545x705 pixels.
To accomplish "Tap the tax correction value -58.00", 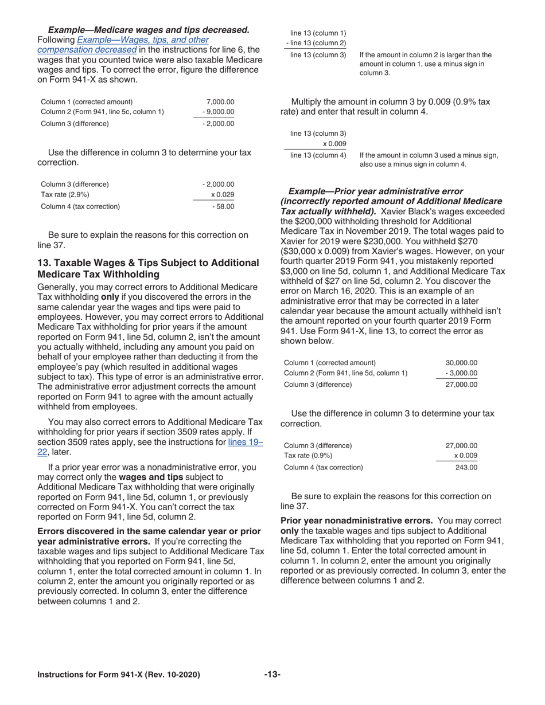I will click(223, 206).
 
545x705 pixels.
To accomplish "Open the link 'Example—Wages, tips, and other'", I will click(142, 40).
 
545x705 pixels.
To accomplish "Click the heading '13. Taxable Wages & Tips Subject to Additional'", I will click(148, 263).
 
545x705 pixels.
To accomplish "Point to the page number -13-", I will click(272, 675).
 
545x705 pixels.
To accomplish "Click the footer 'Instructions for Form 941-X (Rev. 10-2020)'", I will click(119, 675).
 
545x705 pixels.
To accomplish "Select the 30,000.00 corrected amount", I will click(461, 362).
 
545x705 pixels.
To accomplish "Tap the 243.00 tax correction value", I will click(466, 467).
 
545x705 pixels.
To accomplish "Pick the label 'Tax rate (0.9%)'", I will click(309, 456).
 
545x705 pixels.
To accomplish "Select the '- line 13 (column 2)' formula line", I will click(316, 43).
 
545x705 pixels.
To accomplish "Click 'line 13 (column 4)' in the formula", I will click(318, 155).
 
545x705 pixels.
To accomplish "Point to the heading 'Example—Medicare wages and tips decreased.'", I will click(149, 30).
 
